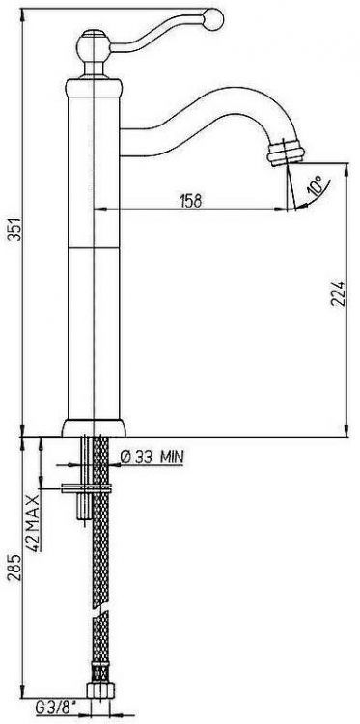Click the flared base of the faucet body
(94, 426)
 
